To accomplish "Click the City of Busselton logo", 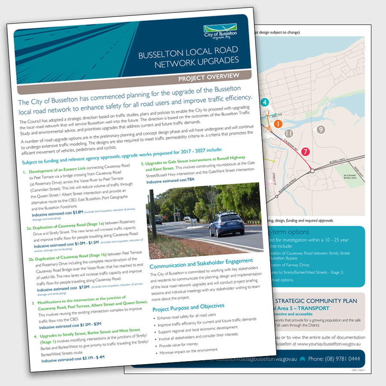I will coord(219,32).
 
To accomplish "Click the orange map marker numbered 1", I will coord(278,124).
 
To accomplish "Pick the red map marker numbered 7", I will coord(305,151).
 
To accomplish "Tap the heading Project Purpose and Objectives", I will coord(188,306).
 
